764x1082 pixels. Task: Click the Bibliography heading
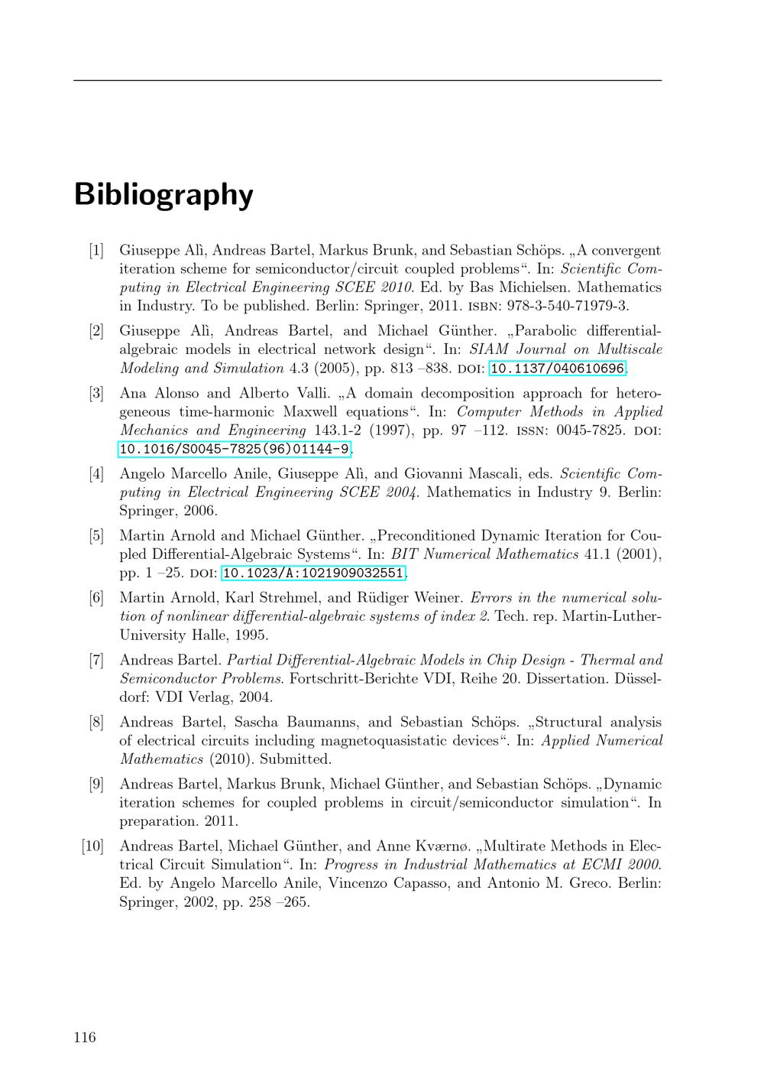point(163,195)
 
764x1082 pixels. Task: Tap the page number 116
point(85,1037)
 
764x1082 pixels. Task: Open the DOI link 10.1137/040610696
point(557,369)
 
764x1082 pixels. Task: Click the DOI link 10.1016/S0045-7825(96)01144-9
point(235,449)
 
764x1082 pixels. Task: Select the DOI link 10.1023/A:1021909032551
point(312,573)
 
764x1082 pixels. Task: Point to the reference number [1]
point(95,250)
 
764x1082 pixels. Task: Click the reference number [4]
point(95,474)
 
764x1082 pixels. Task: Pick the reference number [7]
point(95,660)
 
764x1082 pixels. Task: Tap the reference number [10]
point(92,846)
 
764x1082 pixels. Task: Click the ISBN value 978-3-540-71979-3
point(567,306)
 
